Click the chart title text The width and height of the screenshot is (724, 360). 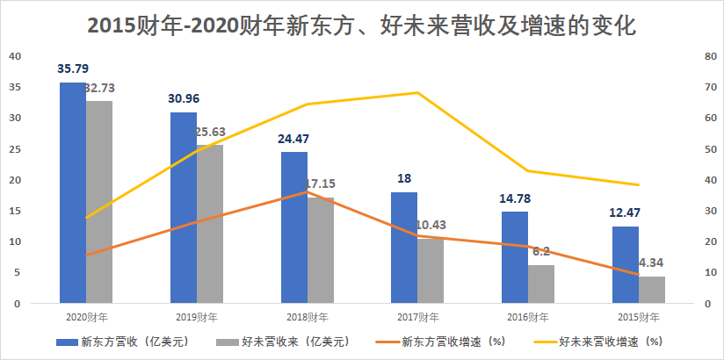[361, 25]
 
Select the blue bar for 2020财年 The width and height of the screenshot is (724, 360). [72, 193]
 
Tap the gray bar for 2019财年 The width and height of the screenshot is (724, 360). [210, 224]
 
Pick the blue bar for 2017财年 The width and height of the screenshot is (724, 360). [403, 248]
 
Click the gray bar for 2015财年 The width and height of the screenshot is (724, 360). [652, 290]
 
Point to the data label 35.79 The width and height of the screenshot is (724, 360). [73, 68]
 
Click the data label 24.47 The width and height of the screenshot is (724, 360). [294, 138]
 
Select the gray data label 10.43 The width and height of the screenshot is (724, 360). [431, 225]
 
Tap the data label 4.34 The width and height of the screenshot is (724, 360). [652, 263]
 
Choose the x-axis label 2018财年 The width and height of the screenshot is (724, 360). [307, 317]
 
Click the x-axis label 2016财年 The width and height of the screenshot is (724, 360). [528, 317]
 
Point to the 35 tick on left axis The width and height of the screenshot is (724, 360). [15, 87]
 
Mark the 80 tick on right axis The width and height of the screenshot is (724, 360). [708, 56]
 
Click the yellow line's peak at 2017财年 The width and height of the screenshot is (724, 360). [417, 92]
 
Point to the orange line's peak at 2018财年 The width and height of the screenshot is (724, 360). [307, 191]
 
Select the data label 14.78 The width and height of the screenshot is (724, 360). [515, 198]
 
